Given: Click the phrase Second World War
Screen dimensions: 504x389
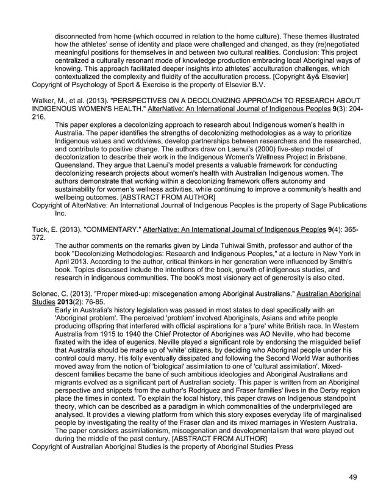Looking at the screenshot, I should pos(273,368).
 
